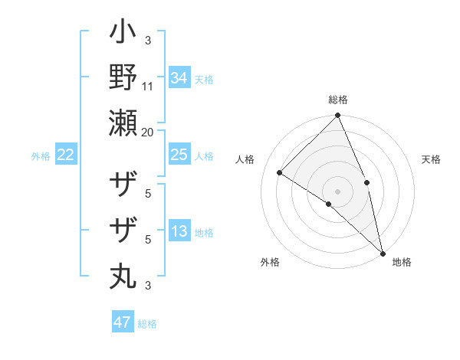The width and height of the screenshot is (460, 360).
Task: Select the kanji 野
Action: (123, 77)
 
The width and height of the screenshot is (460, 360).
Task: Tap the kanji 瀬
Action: (123, 123)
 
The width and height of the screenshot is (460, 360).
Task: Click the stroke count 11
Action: (148, 87)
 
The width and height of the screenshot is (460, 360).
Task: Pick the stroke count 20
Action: (148, 132)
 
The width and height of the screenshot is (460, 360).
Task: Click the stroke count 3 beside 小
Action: (148, 41)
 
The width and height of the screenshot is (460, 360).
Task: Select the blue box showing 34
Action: (179, 78)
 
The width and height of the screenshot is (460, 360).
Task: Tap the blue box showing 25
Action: (179, 155)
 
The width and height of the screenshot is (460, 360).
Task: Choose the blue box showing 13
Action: (179, 232)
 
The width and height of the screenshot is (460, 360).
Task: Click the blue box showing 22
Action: (65, 155)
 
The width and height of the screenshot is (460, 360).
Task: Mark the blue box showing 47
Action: (123, 322)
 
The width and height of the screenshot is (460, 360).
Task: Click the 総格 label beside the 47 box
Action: (147, 324)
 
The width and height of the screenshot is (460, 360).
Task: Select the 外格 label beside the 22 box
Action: (41, 156)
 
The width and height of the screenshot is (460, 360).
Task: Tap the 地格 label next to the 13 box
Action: (204, 233)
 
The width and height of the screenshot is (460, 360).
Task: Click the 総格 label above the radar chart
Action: (337, 100)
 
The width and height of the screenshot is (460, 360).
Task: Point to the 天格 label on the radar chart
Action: (431, 159)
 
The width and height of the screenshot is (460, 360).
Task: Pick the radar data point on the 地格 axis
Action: (382, 252)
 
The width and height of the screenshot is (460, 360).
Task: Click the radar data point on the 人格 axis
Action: (280, 172)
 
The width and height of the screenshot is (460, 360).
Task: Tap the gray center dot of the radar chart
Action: (337, 191)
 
